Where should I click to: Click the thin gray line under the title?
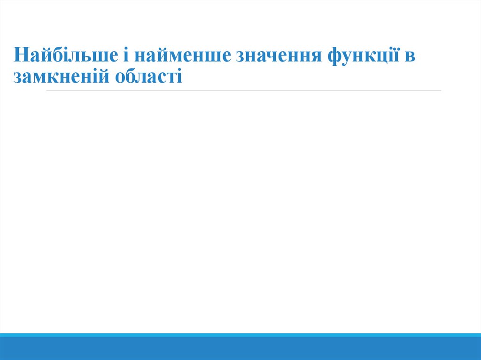(244, 91)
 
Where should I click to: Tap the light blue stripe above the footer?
(240, 335)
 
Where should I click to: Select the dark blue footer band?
(240, 348)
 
